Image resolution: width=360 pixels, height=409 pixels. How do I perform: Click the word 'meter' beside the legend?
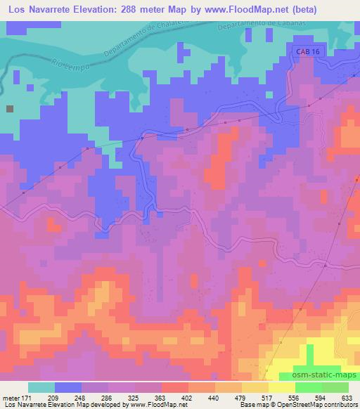point(11,398)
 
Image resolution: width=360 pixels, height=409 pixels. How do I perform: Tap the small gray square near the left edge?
point(10,109)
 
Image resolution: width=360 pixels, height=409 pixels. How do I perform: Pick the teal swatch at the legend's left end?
point(41,387)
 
